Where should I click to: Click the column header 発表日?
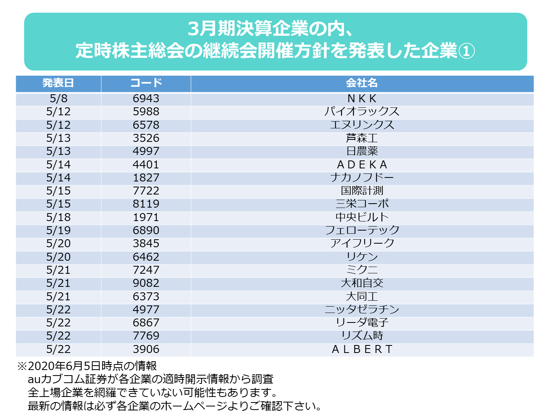(58, 83)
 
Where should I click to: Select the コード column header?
(146, 83)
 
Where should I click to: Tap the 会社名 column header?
(362, 83)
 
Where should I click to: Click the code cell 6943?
(146, 98)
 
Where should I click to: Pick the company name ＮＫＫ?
(362, 98)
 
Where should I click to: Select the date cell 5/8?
(58, 98)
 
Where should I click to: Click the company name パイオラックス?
(362, 111)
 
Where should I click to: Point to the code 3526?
(146, 138)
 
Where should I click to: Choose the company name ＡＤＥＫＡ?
(362, 164)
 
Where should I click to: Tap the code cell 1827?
(146, 177)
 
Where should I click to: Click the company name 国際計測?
(362, 191)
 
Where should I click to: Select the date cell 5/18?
(58, 217)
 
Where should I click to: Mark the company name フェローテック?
(362, 230)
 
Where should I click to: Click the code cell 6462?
(146, 257)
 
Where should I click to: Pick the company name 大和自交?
(362, 283)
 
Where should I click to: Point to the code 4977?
(146, 309)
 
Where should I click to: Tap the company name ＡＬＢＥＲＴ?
(362, 349)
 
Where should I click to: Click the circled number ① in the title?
(466, 51)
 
